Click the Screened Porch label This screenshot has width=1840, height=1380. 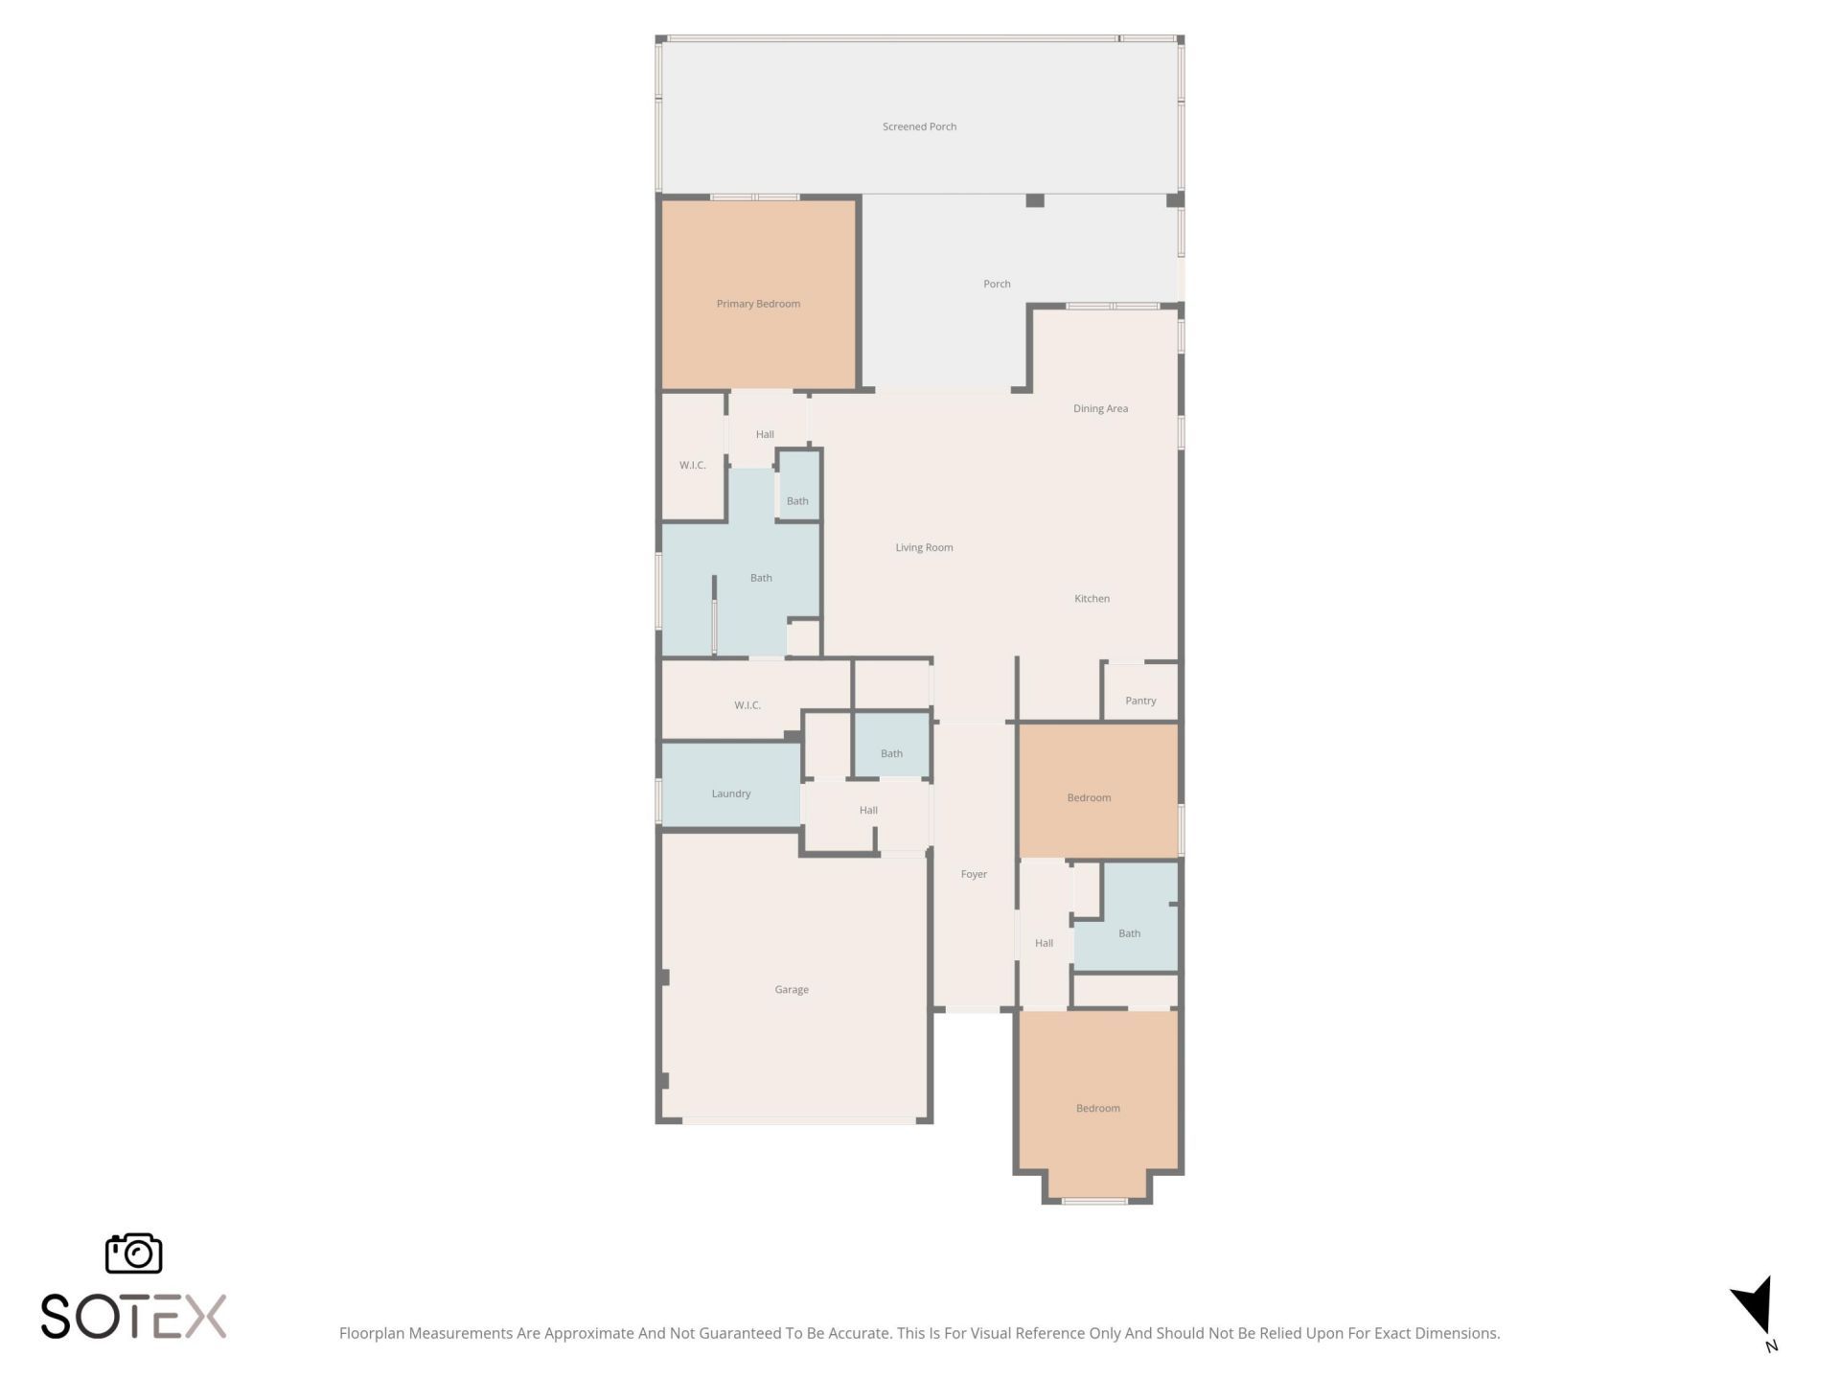tap(919, 126)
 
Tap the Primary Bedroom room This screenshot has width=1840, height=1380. tap(758, 304)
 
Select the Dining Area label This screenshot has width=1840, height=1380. tap(1100, 408)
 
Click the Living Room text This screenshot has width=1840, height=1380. tap(924, 547)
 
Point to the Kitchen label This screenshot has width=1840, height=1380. tap(1092, 598)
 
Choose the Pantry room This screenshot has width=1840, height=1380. tap(1140, 700)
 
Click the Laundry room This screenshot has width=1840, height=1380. tap(731, 793)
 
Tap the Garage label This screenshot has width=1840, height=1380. tap(792, 989)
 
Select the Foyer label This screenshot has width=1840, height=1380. tap(974, 874)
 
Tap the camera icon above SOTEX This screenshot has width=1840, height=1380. tap(133, 1253)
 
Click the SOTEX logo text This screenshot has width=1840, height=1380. tap(133, 1316)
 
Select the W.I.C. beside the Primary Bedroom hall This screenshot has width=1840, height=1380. tap(692, 465)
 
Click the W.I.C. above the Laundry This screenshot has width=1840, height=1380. tap(747, 704)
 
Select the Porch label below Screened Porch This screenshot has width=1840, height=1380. tap(997, 284)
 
